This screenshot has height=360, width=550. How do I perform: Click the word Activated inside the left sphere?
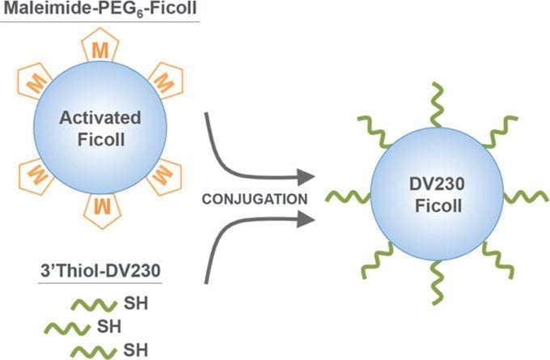click(99, 119)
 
